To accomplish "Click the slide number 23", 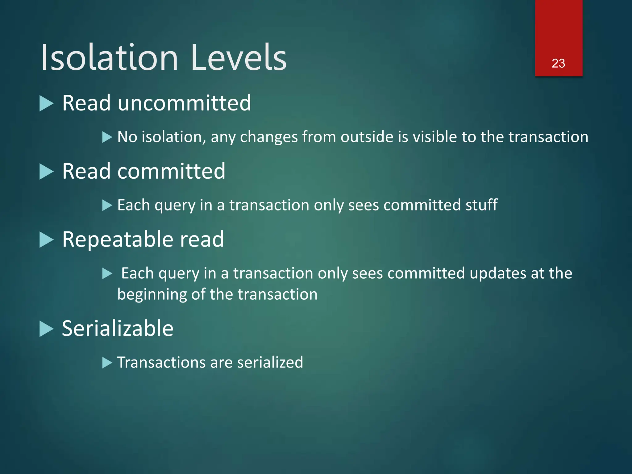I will [x=558, y=63].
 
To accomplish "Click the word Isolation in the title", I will [x=110, y=58].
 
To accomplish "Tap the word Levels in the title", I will [x=239, y=58].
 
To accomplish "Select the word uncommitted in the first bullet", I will [x=184, y=103].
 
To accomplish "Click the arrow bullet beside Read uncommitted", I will [x=47, y=103].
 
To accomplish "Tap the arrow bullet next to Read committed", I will [x=47, y=172].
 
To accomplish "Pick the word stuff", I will [x=481, y=205].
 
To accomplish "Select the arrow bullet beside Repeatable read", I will [x=47, y=240].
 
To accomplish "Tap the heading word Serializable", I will [x=118, y=328].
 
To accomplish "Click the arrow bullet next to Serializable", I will [x=47, y=329].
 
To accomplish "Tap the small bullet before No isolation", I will [x=107, y=137].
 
